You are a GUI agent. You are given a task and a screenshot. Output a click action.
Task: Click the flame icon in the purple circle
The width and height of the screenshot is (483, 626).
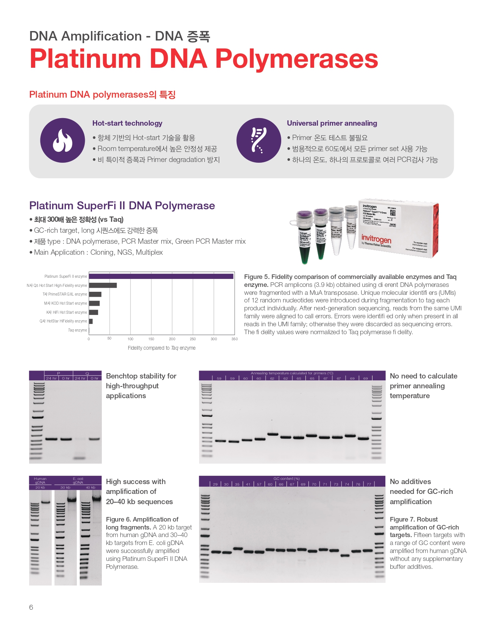point(62,140)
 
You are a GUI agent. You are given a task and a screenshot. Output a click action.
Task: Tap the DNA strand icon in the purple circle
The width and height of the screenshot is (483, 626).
point(259,140)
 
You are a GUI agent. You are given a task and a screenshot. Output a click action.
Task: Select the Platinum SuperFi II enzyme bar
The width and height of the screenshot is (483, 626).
point(161,276)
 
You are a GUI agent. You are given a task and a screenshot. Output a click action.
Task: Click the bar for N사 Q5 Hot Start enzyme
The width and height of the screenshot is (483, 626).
point(103,285)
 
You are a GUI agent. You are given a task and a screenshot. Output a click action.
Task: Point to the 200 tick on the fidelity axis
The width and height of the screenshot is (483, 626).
point(172,339)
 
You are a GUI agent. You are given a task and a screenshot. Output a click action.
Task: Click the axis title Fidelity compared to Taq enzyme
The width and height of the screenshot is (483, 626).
point(162,348)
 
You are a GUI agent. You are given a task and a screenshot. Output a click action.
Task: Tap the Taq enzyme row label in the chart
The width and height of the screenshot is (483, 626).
point(77,330)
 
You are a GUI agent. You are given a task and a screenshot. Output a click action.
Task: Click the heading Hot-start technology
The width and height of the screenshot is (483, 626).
point(127,123)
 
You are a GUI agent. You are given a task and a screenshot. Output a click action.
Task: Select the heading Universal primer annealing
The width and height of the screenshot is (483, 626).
point(332,123)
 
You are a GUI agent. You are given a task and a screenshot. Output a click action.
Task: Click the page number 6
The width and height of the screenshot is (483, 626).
point(31,607)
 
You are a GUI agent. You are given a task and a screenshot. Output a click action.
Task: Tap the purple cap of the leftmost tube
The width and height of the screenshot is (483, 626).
point(304,215)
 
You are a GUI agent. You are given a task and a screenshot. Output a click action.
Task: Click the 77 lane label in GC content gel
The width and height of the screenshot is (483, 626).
point(369,484)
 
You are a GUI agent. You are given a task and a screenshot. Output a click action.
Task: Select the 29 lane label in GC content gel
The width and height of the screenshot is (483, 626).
point(215,484)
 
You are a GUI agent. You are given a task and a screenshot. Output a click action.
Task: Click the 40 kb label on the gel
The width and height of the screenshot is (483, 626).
point(90,487)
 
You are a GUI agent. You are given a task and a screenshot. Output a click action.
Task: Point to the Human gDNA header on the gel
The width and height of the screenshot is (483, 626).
point(40,480)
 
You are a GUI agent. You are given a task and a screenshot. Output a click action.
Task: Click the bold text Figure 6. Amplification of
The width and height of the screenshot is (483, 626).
point(142,519)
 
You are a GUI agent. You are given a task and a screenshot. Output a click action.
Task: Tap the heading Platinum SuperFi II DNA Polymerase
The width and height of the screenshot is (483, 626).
point(122,206)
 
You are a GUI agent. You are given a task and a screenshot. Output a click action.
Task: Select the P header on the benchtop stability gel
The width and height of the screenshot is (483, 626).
point(59,373)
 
